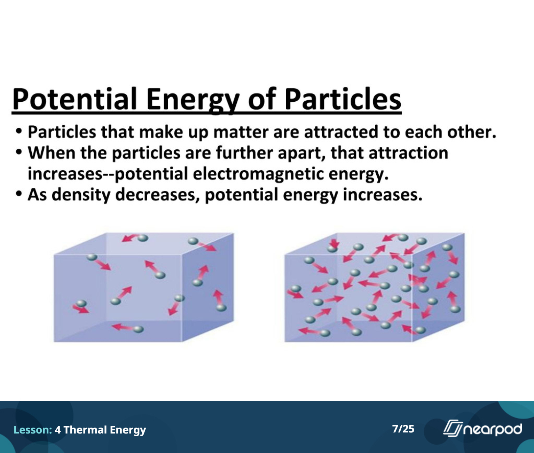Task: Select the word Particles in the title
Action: [343, 99]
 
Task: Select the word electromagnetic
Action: [258, 174]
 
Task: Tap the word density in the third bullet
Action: [81, 195]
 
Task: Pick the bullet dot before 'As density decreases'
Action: [19, 194]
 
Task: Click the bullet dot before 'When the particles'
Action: [19, 152]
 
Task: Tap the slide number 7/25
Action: [403, 429]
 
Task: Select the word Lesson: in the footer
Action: [33, 430]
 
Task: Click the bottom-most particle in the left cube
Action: [139, 329]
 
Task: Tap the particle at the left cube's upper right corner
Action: [193, 241]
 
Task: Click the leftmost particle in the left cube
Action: [81, 303]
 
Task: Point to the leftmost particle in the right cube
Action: [296, 289]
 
